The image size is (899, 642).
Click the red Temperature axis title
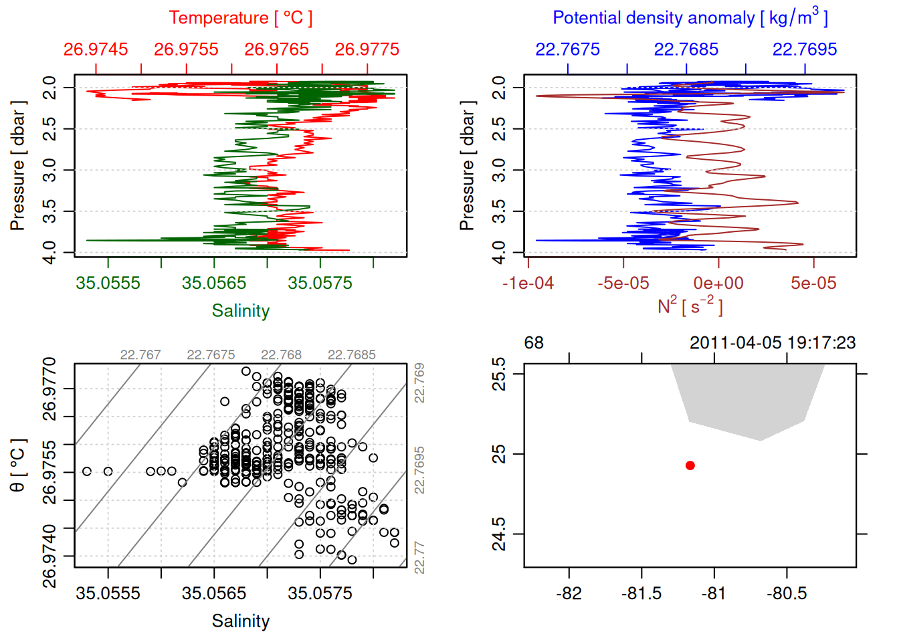(x=240, y=18)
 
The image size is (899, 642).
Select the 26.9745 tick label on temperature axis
(x=96, y=49)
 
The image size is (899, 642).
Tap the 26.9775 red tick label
(x=367, y=49)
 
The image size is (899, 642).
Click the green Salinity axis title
(x=240, y=311)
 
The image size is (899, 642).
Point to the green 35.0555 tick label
(x=108, y=283)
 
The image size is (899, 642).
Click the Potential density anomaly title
(x=690, y=17)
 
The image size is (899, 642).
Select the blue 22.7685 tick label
(x=686, y=49)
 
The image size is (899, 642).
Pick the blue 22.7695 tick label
(x=805, y=49)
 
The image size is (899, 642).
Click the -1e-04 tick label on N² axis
(x=528, y=284)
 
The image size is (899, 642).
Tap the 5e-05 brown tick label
(x=813, y=284)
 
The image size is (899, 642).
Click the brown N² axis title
(x=690, y=306)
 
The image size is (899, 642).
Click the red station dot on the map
(x=690, y=465)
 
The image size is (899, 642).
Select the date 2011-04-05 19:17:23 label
(x=773, y=343)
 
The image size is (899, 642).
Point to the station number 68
(x=534, y=343)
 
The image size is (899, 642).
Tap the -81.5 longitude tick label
(x=641, y=594)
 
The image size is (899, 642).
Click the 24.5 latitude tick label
(x=499, y=534)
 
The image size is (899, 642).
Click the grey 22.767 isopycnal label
(x=140, y=355)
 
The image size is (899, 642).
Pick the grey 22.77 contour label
(x=419, y=558)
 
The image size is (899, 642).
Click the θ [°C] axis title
(x=17, y=465)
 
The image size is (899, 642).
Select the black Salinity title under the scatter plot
(x=240, y=621)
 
